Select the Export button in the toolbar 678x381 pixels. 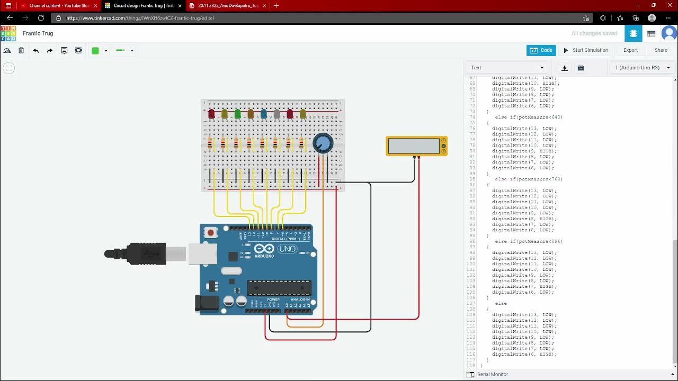(x=630, y=50)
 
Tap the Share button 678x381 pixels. (x=661, y=50)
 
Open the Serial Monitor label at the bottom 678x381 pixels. (x=492, y=374)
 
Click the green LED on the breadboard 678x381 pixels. (x=238, y=114)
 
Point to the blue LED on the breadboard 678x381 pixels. (x=264, y=114)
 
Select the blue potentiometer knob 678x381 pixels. (x=323, y=143)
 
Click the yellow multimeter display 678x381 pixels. (x=414, y=146)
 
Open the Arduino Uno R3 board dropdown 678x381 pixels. (x=641, y=68)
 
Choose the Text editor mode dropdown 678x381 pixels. (x=507, y=68)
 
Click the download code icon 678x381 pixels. (x=565, y=68)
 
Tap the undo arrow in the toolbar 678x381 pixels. (x=36, y=51)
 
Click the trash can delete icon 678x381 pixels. (x=21, y=51)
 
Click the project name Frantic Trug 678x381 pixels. (x=38, y=33)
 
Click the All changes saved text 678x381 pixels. (x=594, y=33)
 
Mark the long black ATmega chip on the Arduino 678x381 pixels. (x=279, y=288)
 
